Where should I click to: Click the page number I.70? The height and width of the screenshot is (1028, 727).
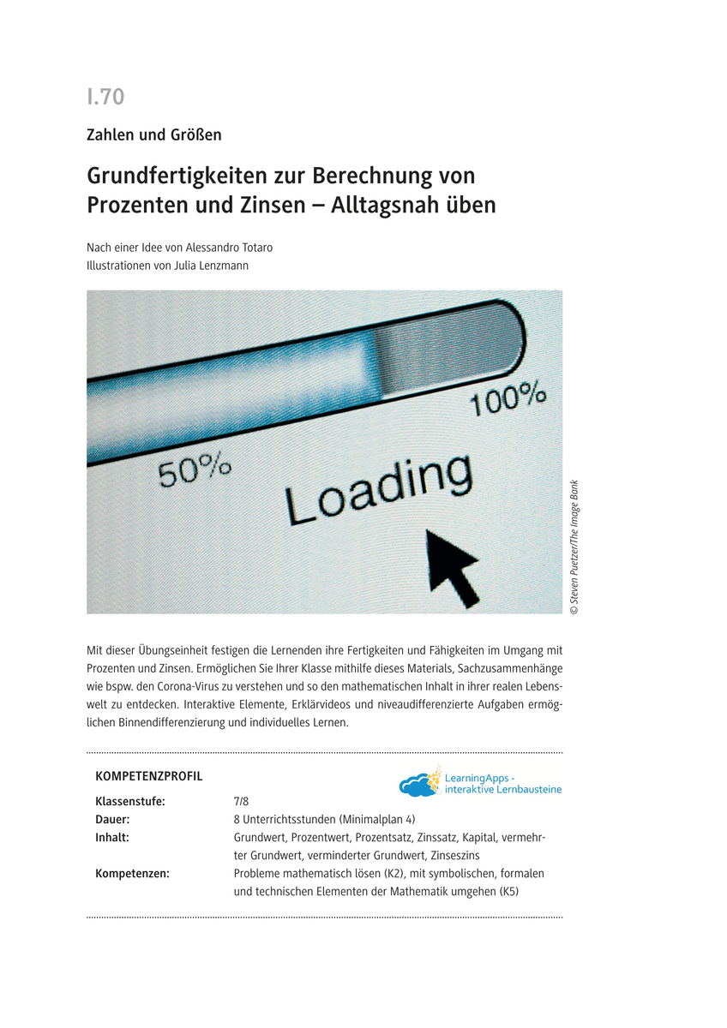point(105,97)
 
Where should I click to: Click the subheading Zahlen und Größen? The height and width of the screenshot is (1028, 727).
point(154,134)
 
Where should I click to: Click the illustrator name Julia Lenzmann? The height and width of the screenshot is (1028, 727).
point(211,266)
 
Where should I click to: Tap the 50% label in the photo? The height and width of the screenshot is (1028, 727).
point(195,470)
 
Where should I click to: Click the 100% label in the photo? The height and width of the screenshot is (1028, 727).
point(509,398)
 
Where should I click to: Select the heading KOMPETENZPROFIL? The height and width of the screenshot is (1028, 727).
point(149,776)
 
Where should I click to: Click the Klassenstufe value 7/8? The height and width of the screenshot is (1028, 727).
point(241,802)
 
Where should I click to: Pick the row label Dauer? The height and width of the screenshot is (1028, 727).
point(112,819)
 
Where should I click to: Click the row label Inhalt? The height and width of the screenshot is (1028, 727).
point(112,837)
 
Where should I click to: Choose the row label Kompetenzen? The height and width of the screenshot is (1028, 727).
point(132,874)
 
